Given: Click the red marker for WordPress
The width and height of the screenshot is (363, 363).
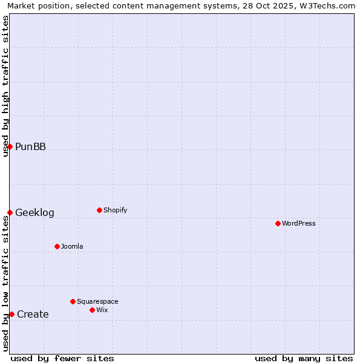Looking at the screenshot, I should coord(278,223).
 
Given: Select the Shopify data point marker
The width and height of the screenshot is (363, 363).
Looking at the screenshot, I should coord(99,210).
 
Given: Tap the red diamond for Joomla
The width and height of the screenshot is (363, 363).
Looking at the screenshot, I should coord(57,246).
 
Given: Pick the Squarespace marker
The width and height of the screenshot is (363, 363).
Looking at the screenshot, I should coord(73,301).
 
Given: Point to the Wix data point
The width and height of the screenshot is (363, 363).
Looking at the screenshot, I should coord(92,310).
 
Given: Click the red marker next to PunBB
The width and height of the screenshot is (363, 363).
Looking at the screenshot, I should coord(10,146).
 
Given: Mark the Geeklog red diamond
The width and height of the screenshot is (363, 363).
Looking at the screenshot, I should coord(10,212).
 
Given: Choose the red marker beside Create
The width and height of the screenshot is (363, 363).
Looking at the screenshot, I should coord(11,314).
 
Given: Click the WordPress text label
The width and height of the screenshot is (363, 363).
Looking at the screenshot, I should coord(299,223).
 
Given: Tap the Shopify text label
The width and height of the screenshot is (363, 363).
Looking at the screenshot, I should coord(116,210).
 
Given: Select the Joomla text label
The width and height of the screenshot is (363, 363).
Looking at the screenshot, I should coord(72,246).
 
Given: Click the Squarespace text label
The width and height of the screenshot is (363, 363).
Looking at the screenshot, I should coord(97,301).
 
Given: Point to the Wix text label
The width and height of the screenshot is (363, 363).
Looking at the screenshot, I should coord(102,310).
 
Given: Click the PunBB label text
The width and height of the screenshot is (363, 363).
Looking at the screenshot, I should coord(30,146).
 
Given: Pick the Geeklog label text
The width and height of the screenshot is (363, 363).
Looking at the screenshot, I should coord(34,212).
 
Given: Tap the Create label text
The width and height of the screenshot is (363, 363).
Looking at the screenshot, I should coord(33,314).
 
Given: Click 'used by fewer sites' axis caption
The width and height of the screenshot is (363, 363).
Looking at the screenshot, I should coord(62,358).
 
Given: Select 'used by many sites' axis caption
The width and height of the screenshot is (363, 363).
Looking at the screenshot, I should coord(304,358).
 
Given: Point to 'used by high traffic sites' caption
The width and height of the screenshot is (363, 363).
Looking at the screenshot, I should coord(6,86).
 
